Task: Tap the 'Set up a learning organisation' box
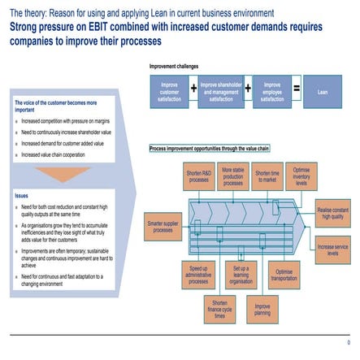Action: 240,273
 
